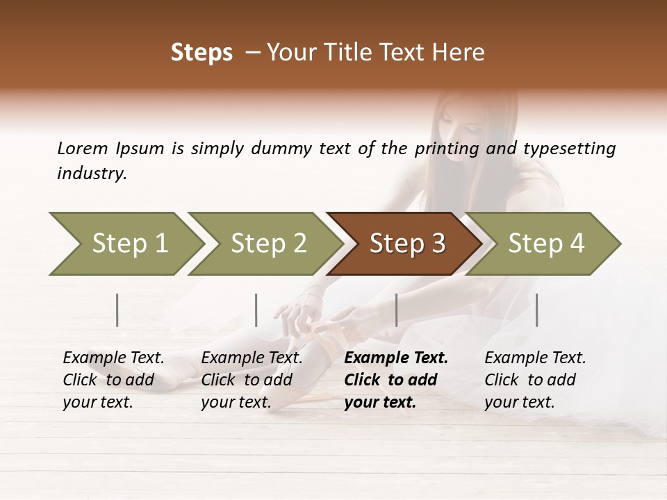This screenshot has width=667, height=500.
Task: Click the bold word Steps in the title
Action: click(x=201, y=53)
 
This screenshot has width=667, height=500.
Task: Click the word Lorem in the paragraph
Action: click(x=82, y=148)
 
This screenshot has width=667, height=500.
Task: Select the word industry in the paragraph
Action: click(x=91, y=173)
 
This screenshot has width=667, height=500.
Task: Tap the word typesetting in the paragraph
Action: click(x=569, y=148)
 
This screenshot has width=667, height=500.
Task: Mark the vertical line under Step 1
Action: click(x=117, y=310)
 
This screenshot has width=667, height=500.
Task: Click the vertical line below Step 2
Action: click(x=256, y=310)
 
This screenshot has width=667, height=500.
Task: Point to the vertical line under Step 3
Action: click(x=396, y=310)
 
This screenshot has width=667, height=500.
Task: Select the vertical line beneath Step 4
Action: click(x=536, y=310)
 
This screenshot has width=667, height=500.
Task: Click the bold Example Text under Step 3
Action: click(x=396, y=358)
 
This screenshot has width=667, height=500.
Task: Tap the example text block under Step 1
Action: click(x=113, y=380)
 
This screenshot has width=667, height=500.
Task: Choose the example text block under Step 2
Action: click(x=252, y=380)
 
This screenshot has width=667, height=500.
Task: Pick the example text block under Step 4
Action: click(x=534, y=380)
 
